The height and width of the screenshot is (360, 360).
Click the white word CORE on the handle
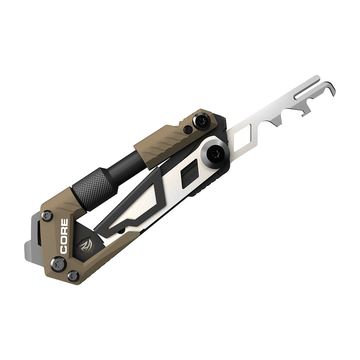64,237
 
